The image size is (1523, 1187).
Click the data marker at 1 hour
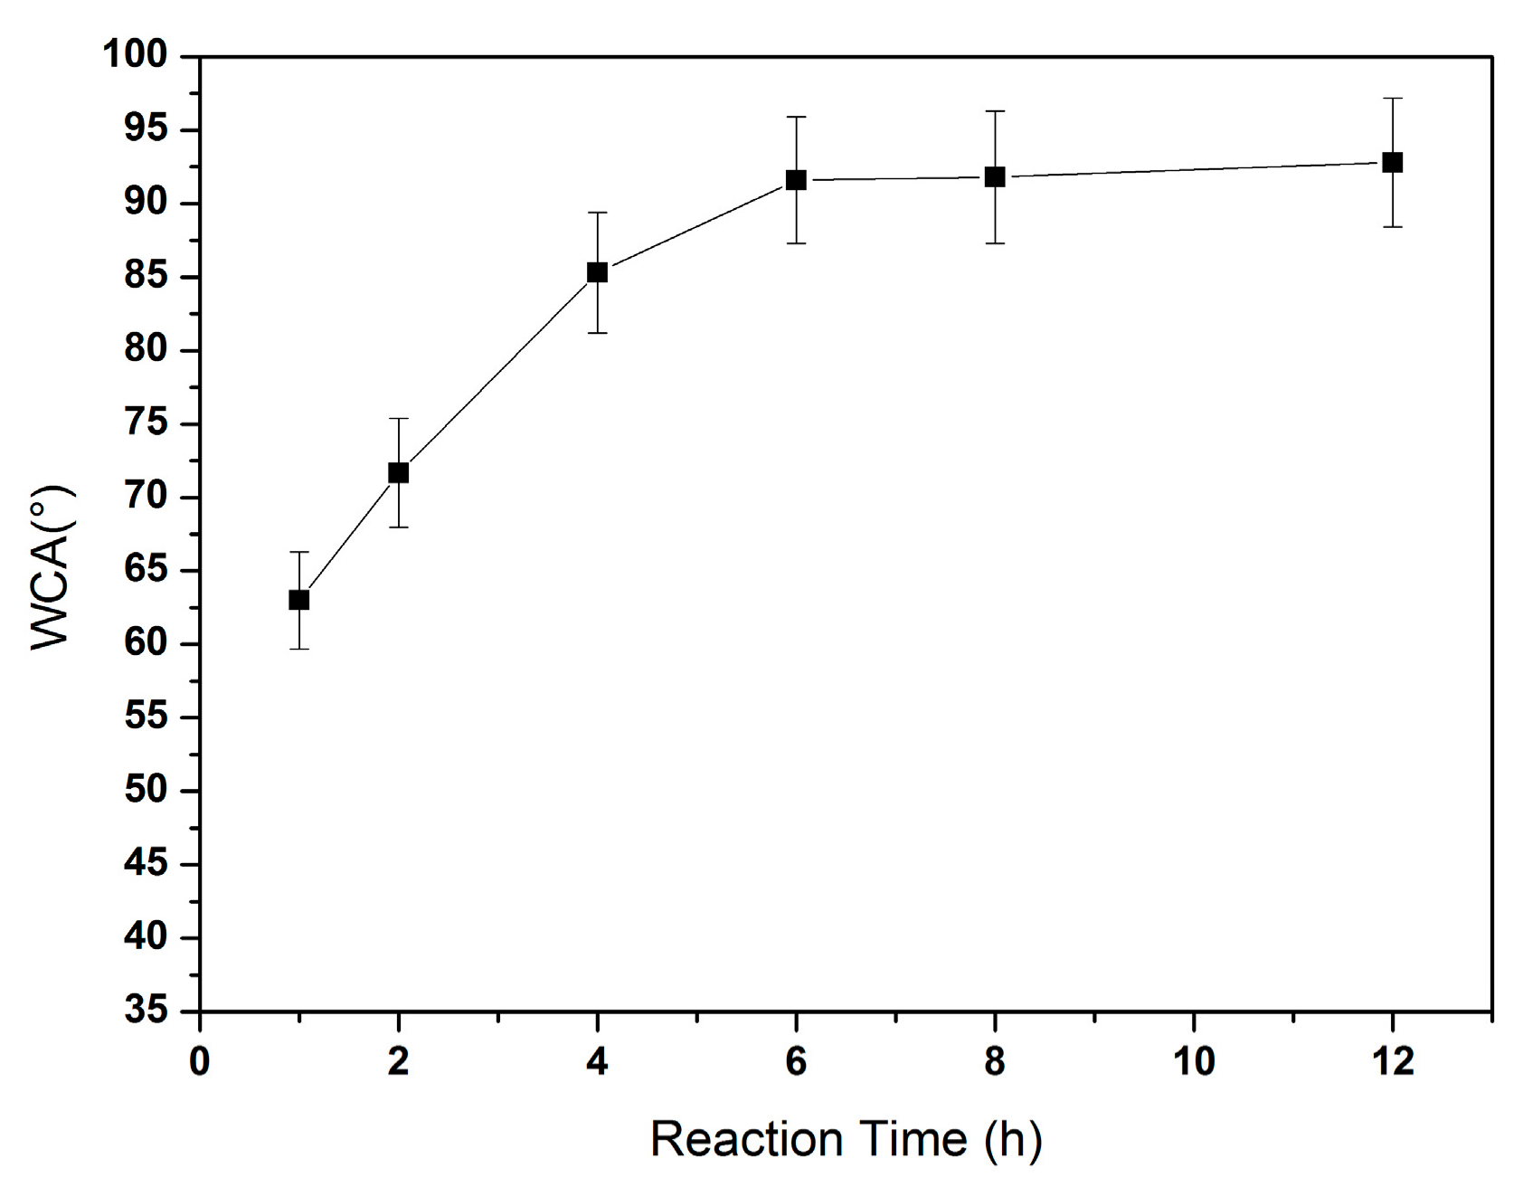(298, 600)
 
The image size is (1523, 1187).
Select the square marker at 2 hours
(398, 472)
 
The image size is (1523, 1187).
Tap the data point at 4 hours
(597, 272)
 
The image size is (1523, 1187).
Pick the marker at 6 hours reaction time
(796, 180)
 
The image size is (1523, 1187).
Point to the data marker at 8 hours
(995, 176)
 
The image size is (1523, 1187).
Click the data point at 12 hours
(1393, 163)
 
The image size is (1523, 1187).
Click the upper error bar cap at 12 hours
(1393, 98)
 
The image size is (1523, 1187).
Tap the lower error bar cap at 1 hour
(298, 649)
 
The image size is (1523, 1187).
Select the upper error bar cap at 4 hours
(597, 213)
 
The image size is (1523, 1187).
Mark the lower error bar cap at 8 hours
(995, 243)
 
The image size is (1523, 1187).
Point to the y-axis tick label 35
(146, 1010)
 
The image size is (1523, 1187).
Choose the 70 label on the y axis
(146, 496)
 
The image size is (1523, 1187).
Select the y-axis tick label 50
(146, 789)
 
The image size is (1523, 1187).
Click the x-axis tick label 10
(1193, 1061)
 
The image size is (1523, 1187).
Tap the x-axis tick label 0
(199, 1061)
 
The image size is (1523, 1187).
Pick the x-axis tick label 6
(796, 1061)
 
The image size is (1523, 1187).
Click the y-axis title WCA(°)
(52, 567)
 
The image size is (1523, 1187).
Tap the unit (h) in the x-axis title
(1012, 1138)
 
